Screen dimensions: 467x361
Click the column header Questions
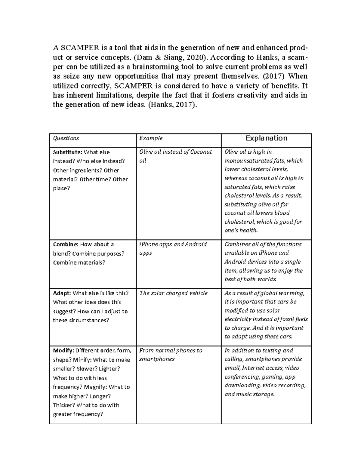66,138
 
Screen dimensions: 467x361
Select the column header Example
151,138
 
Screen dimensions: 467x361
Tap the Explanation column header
266,138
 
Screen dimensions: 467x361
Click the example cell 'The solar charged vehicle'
174,293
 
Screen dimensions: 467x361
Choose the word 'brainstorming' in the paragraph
156,67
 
